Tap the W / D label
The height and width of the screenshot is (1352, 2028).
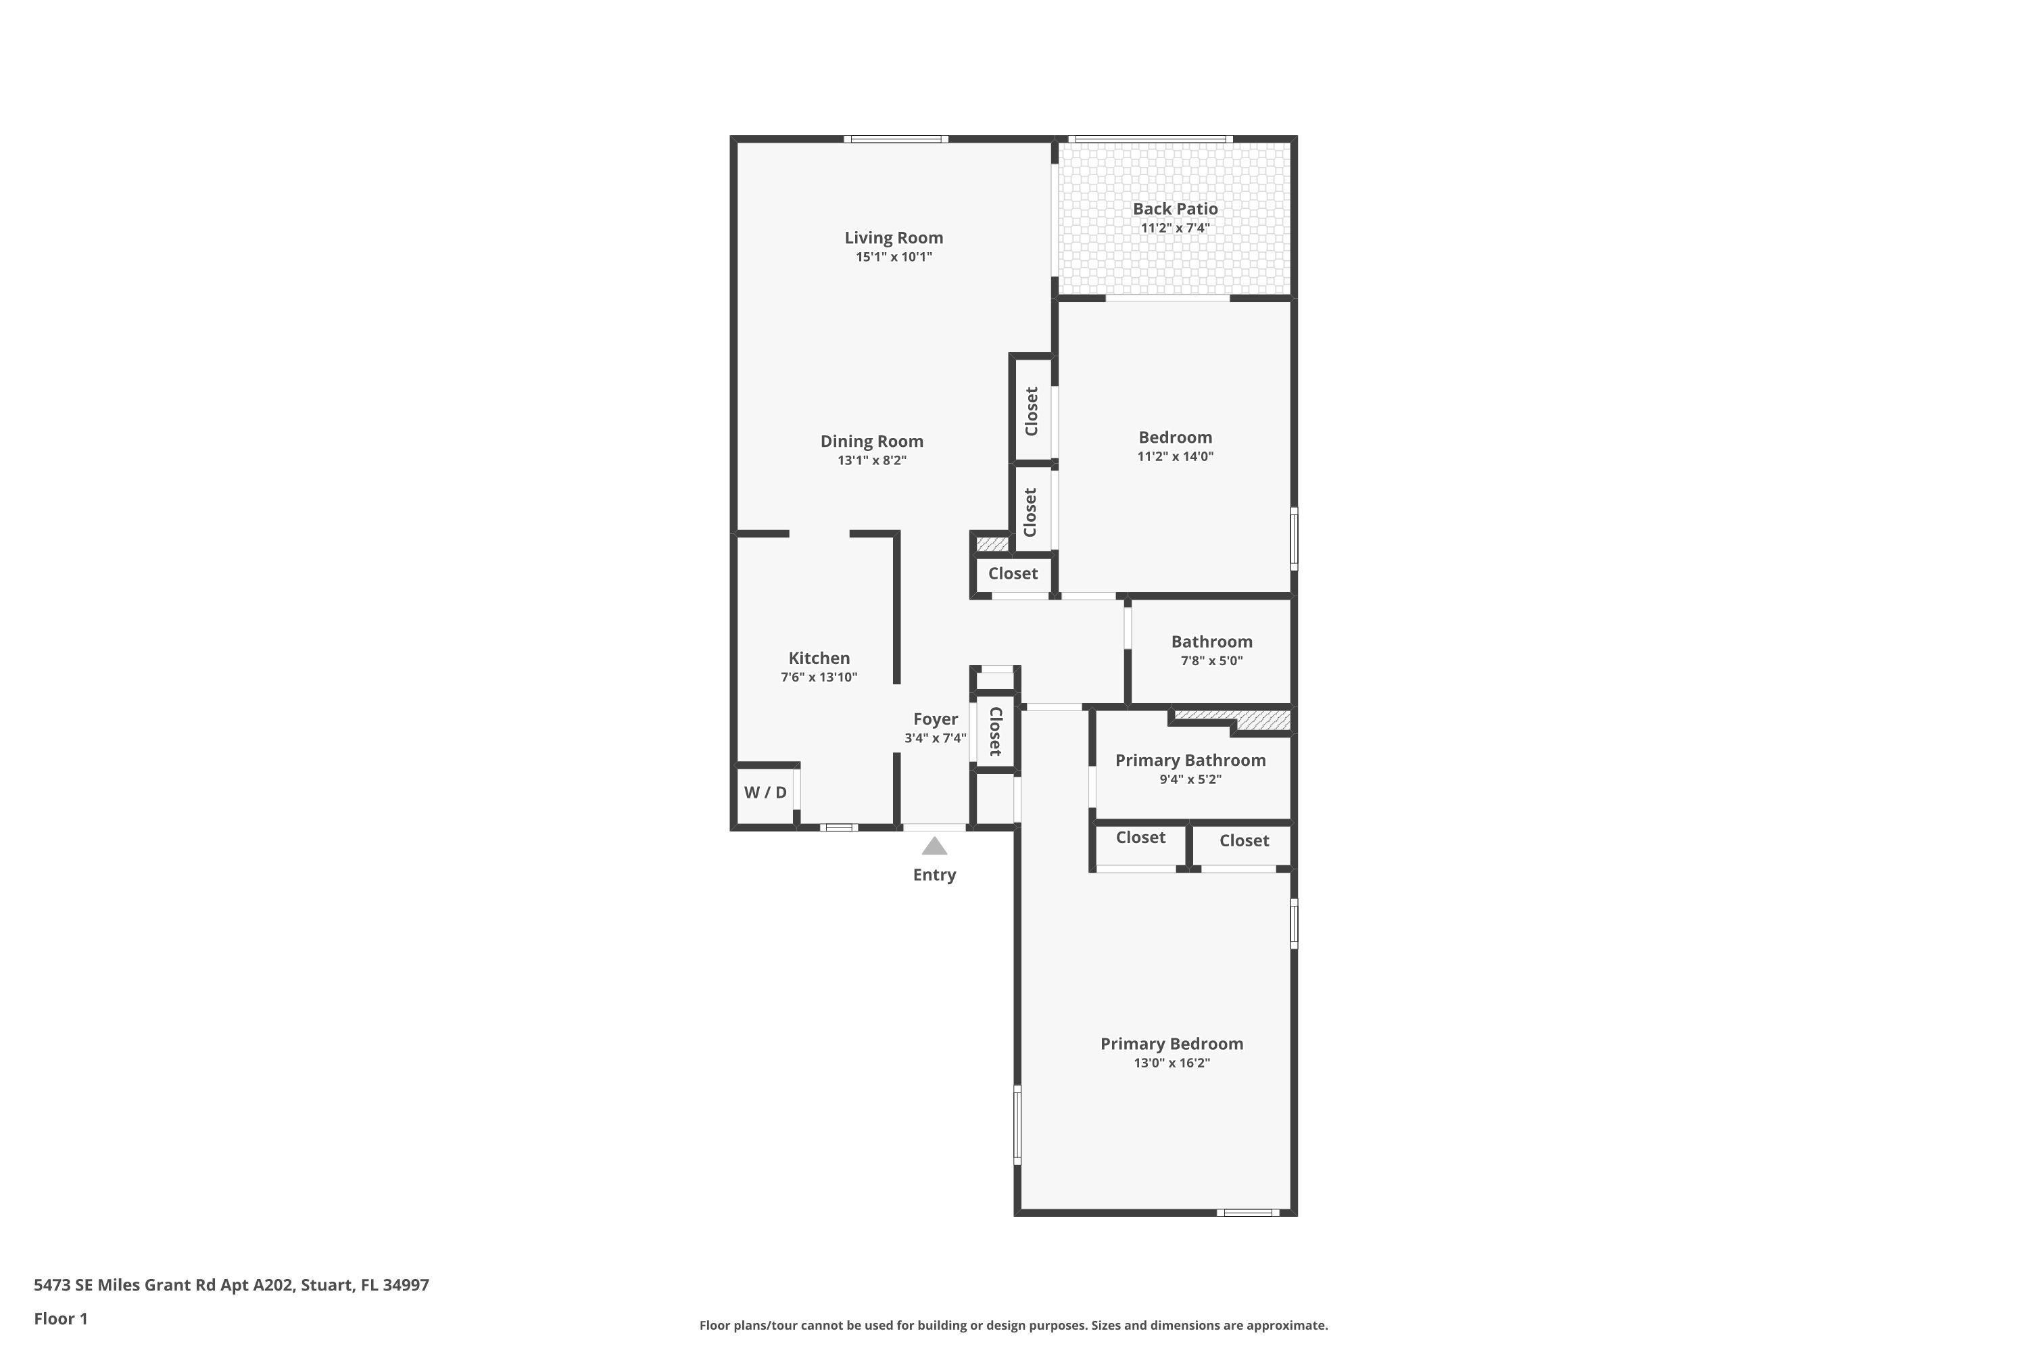[765, 792]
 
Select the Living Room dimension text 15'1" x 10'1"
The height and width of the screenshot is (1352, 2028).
[893, 257]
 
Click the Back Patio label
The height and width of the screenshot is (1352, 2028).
[1174, 209]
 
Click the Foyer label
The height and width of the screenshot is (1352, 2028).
[935, 719]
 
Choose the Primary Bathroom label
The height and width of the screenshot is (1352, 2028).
[1190, 760]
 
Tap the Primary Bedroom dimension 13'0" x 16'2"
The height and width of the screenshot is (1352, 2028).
[1171, 1063]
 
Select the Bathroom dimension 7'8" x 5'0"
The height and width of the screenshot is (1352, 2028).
[1211, 661]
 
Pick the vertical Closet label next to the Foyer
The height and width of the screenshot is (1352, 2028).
[995, 731]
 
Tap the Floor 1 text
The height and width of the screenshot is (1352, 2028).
[60, 1318]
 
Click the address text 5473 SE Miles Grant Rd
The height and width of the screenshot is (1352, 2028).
[231, 1285]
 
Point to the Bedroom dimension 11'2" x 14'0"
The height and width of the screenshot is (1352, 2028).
[1174, 457]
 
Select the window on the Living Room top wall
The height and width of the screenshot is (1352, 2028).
[896, 139]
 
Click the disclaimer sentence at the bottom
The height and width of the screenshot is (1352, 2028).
[1013, 1325]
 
